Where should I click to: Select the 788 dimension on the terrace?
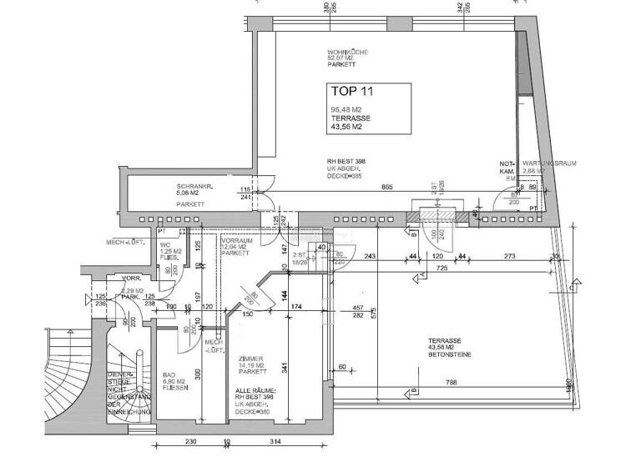tap(450, 384)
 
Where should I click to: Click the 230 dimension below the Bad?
tap(189, 441)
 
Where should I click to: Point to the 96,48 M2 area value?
tap(346, 110)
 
